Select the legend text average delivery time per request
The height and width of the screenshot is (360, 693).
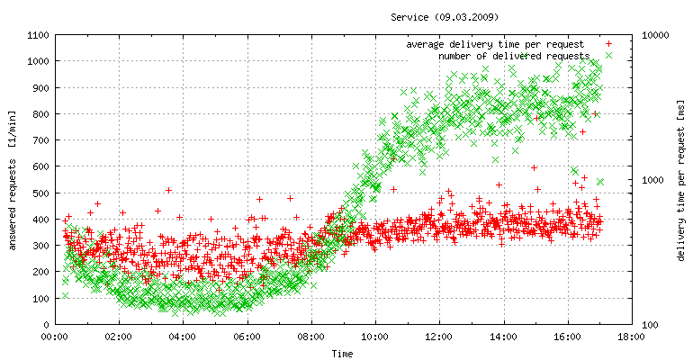coord(495,43)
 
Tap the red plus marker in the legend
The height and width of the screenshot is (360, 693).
coord(609,43)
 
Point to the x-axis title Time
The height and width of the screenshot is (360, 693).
coord(342,354)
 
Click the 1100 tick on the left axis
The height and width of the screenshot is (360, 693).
coord(37,35)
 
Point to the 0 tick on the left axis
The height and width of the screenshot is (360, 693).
coord(46,324)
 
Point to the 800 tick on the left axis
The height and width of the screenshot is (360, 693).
coord(40,114)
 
